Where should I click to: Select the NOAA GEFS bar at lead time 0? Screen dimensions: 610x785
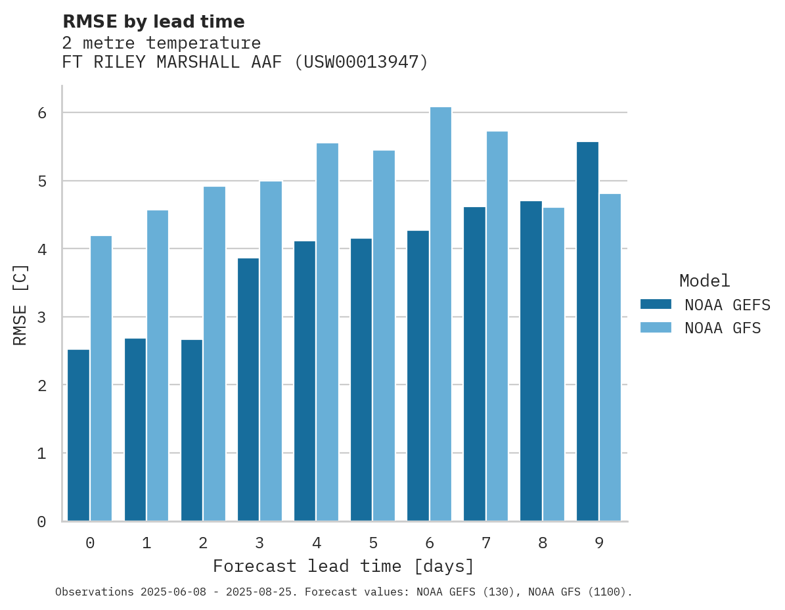pos(79,435)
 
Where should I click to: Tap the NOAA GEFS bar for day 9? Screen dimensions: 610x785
pos(588,331)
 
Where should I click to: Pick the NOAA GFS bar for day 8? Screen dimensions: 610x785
pos(554,364)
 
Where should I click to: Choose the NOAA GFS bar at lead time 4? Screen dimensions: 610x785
pos(328,332)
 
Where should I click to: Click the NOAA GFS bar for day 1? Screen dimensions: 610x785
pos(158,365)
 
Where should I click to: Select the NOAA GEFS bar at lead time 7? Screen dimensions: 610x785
pos(475,364)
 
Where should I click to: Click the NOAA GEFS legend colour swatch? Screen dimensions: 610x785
pos(656,304)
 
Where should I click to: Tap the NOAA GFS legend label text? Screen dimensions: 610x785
pos(723,328)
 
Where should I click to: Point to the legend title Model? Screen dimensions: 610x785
pos(705,281)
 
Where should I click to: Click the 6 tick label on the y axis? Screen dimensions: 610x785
pos(41,113)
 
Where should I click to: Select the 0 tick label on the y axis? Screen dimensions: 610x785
pos(41,522)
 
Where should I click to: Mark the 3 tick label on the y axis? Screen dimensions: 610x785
pos(41,317)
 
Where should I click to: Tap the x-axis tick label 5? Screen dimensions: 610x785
pos(373,544)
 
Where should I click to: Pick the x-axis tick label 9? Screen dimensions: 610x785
pos(599,544)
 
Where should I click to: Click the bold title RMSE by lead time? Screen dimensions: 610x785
pos(154,22)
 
